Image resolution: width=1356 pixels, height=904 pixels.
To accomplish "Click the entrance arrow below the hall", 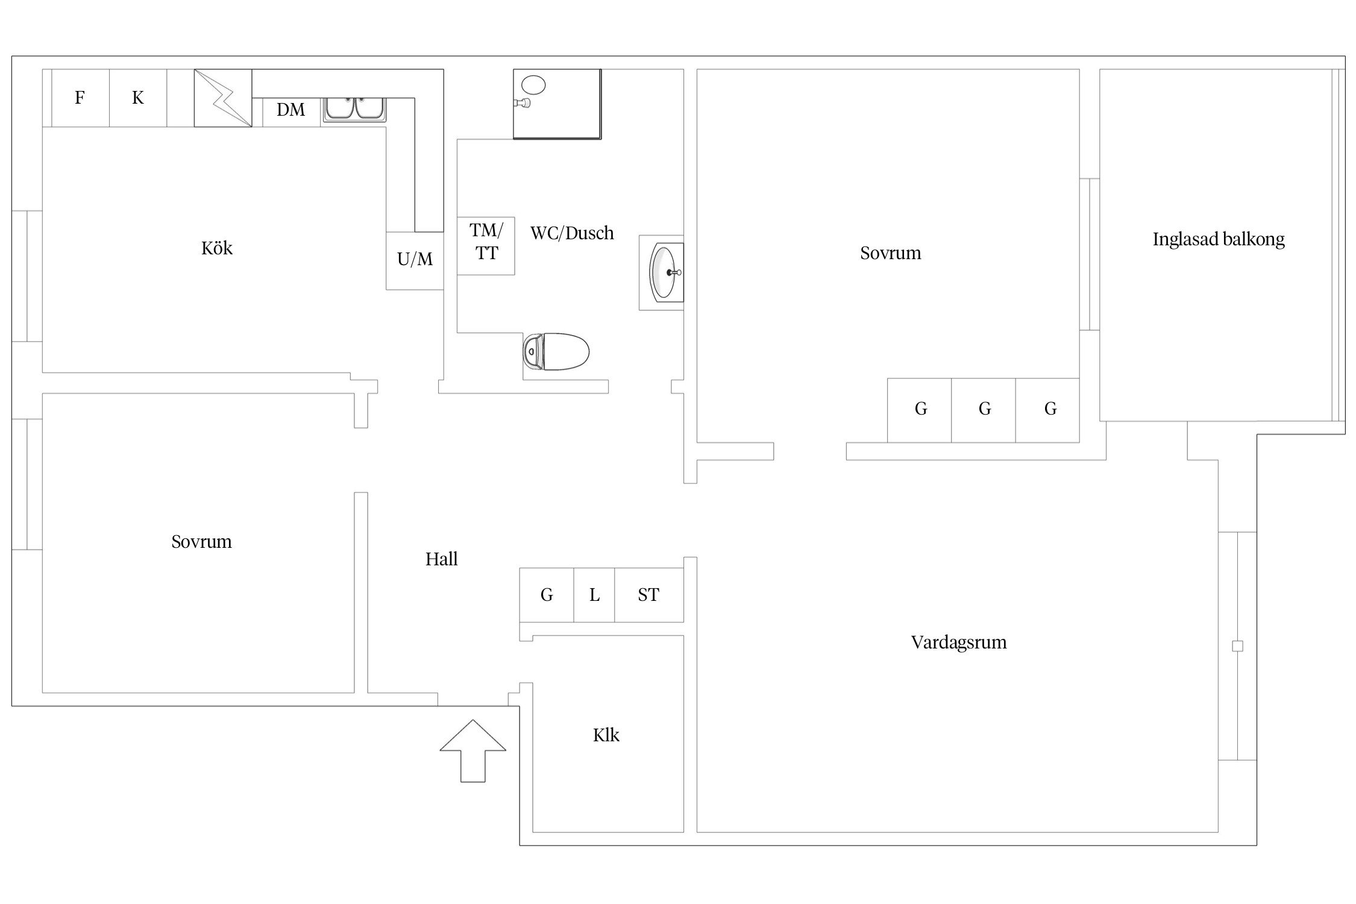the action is tap(473, 750).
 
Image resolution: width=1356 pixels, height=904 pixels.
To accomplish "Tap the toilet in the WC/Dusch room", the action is tap(556, 351).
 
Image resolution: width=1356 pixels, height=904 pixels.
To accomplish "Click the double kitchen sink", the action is tap(354, 110).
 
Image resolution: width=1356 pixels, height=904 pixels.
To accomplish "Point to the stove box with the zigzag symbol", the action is tap(223, 98).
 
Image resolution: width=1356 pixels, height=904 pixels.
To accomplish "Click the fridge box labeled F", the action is tap(80, 98).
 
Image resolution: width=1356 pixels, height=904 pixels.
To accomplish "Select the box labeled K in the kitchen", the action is tap(138, 98).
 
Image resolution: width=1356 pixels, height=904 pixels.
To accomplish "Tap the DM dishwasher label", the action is tap(290, 110).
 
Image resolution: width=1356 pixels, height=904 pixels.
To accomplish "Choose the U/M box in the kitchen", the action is tap(415, 261).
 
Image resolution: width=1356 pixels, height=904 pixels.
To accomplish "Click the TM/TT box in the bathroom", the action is tap(486, 246).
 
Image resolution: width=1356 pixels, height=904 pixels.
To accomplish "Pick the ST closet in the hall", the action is tap(649, 595).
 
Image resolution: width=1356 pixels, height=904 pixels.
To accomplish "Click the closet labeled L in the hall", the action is tap(594, 595).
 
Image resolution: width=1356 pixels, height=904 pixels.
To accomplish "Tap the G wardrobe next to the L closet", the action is tap(547, 595).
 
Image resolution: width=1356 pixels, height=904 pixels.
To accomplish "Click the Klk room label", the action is tap(606, 735).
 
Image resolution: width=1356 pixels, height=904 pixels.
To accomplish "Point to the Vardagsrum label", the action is tap(959, 642).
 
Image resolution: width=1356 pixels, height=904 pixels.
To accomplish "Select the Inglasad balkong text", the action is tap(1219, 240).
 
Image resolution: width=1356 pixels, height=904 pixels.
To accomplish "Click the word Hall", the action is tap(442, 559).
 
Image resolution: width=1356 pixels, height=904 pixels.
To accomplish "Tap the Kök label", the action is tap(217, 248).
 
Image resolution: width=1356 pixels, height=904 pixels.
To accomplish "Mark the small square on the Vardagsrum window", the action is tap(1238, 646).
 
